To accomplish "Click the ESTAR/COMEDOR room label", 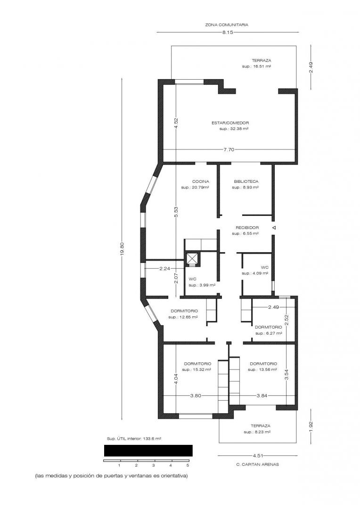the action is [230, 123].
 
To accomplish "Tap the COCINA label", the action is [201, 181].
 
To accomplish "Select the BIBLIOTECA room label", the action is [246, 181].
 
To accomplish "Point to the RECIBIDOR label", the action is [247, 228].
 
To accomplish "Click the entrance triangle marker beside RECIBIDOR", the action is [274, 228].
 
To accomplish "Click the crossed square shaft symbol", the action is [192, 259].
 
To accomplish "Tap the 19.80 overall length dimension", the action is [122, 249].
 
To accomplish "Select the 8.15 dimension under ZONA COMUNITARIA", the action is [228, 32].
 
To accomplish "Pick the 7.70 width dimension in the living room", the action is [229, 150].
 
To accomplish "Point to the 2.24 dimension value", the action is [164, 269].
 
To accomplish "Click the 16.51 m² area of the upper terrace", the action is [257, 66].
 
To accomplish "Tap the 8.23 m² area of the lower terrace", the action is [257, 432].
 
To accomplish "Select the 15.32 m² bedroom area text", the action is [196, 370].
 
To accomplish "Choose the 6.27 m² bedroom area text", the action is [269, 333].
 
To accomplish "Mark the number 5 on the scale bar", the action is [188, 465].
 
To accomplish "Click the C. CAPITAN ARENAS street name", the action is [257, 464].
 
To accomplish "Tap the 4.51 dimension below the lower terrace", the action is [257, 455].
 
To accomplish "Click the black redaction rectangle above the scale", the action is [148, 451].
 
